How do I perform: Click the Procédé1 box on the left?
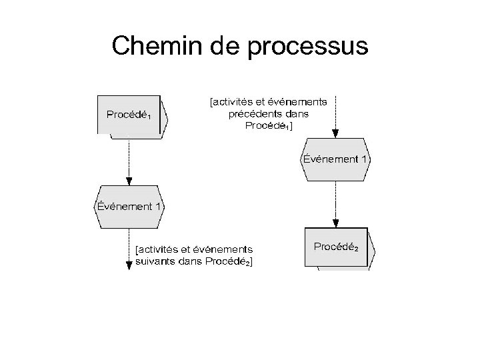pos(132,115)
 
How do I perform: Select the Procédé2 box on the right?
pos(339,247)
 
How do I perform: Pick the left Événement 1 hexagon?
pos(129,206)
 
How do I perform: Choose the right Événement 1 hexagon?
pos(335,159)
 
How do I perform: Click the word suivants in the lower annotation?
pos(156,262)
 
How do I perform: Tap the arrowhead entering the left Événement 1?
pos(129,180)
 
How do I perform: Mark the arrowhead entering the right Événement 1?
pos(335,133)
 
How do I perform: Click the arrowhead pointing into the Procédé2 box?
pos(335,223)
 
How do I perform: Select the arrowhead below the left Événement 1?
pos(129,265)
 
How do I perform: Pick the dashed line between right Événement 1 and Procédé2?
pos(335,200)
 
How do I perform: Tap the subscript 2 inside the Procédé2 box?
pos(356,249)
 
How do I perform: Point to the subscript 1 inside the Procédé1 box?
pos(150,117)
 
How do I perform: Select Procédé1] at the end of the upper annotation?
pos(268,125)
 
